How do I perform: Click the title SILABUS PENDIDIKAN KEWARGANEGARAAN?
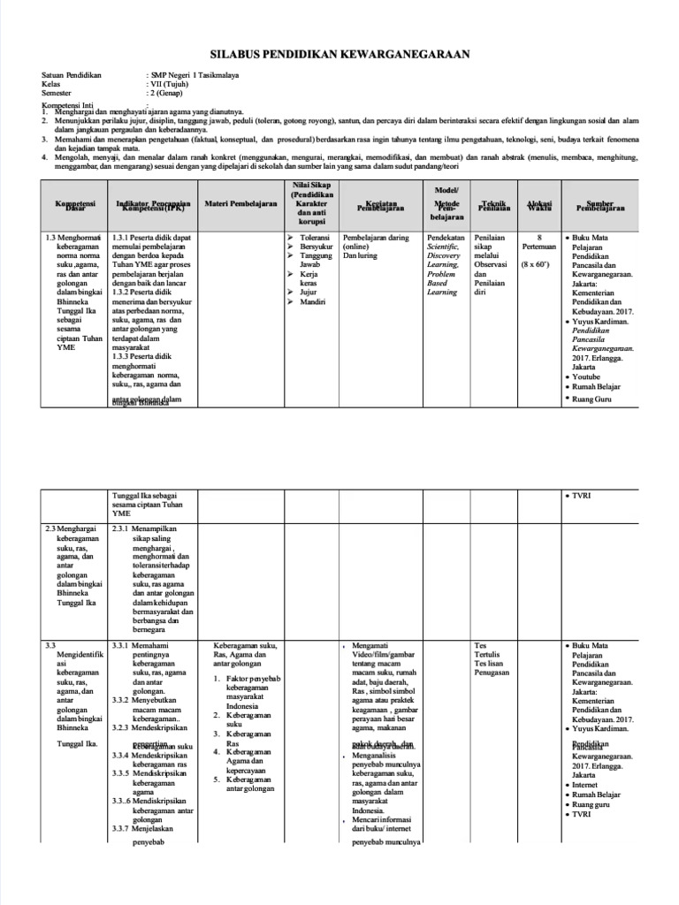(339, 55)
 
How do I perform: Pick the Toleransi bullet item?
(315, 239)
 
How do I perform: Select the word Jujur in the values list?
(309, 292)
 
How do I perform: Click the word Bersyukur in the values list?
(317, 249)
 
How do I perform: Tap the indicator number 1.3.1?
(121, 239)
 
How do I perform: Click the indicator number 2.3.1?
(121, 529)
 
